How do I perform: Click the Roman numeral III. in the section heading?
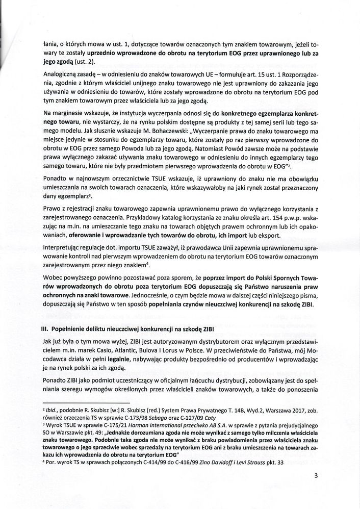(x=45, y=328)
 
